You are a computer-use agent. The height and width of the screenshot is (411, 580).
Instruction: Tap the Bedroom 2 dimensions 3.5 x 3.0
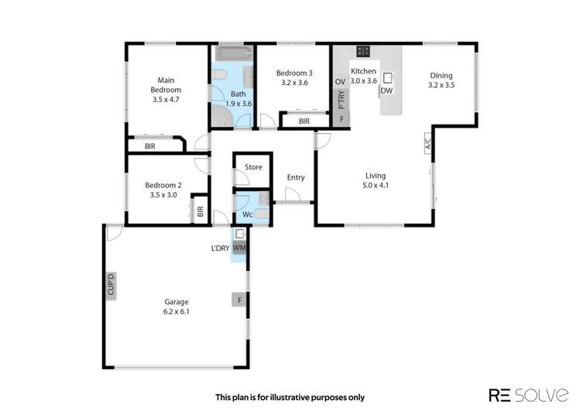[x=163, y=195]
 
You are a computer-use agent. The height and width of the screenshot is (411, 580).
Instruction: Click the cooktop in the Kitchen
[x=362, y=53]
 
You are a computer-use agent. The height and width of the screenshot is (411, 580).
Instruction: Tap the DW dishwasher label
[x=386, y=91]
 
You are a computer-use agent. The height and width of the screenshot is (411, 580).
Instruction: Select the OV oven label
[x=339, y=81]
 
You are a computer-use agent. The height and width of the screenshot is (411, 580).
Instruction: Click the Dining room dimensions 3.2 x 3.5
[x=441, y=86]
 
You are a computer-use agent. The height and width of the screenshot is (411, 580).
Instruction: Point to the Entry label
[x=296, y=177]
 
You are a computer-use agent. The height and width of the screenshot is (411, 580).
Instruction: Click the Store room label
[x=253, y=167]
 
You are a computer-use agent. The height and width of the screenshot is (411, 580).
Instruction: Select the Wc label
[x=248, y=214]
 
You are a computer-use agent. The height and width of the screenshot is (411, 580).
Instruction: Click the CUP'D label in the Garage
[x=111, y=286]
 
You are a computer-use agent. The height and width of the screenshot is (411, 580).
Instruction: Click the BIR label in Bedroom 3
[x=304, y=122]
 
